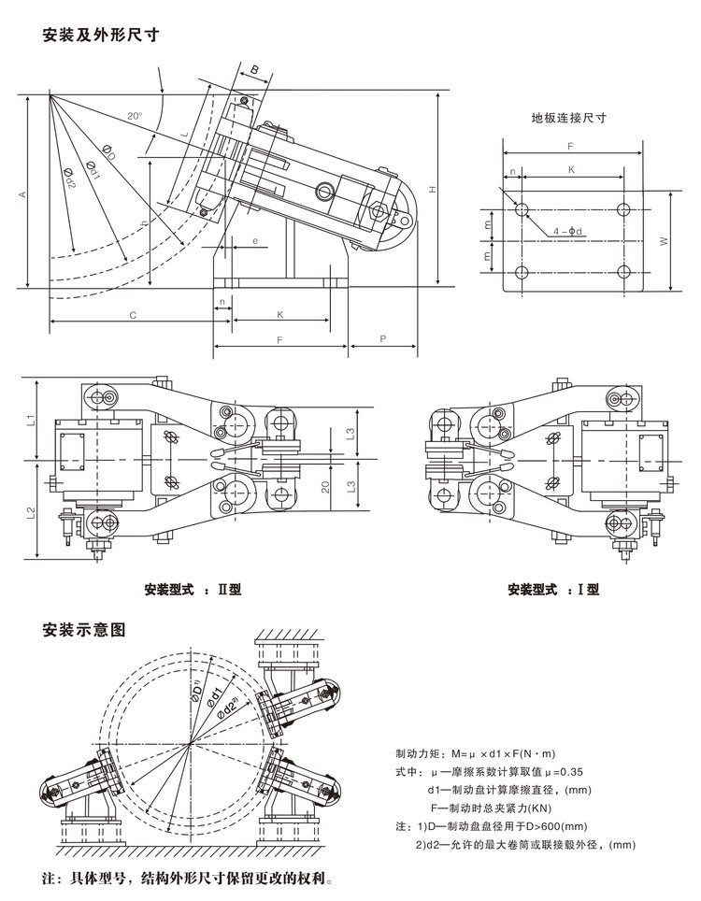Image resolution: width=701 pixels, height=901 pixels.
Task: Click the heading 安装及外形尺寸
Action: (98, 36)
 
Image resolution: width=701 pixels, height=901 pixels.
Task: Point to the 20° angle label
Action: (136, 116)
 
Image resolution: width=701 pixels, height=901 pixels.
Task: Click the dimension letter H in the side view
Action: (432, 190)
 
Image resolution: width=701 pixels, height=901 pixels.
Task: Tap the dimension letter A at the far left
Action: (21, 193)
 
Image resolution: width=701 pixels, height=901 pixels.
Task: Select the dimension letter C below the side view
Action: (133, 316)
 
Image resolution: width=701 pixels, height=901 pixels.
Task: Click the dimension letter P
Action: (383, 339)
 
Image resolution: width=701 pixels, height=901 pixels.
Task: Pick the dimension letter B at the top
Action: (254, 69)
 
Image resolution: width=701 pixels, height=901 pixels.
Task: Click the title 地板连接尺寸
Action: (569, 119)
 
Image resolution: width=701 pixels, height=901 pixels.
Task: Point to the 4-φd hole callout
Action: (569, 230)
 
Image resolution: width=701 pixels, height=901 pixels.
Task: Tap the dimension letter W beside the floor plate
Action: (663, 240)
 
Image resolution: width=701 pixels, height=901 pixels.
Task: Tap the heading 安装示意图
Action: (84, 629)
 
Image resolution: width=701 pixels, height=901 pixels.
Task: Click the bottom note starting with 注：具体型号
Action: (188, 880)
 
